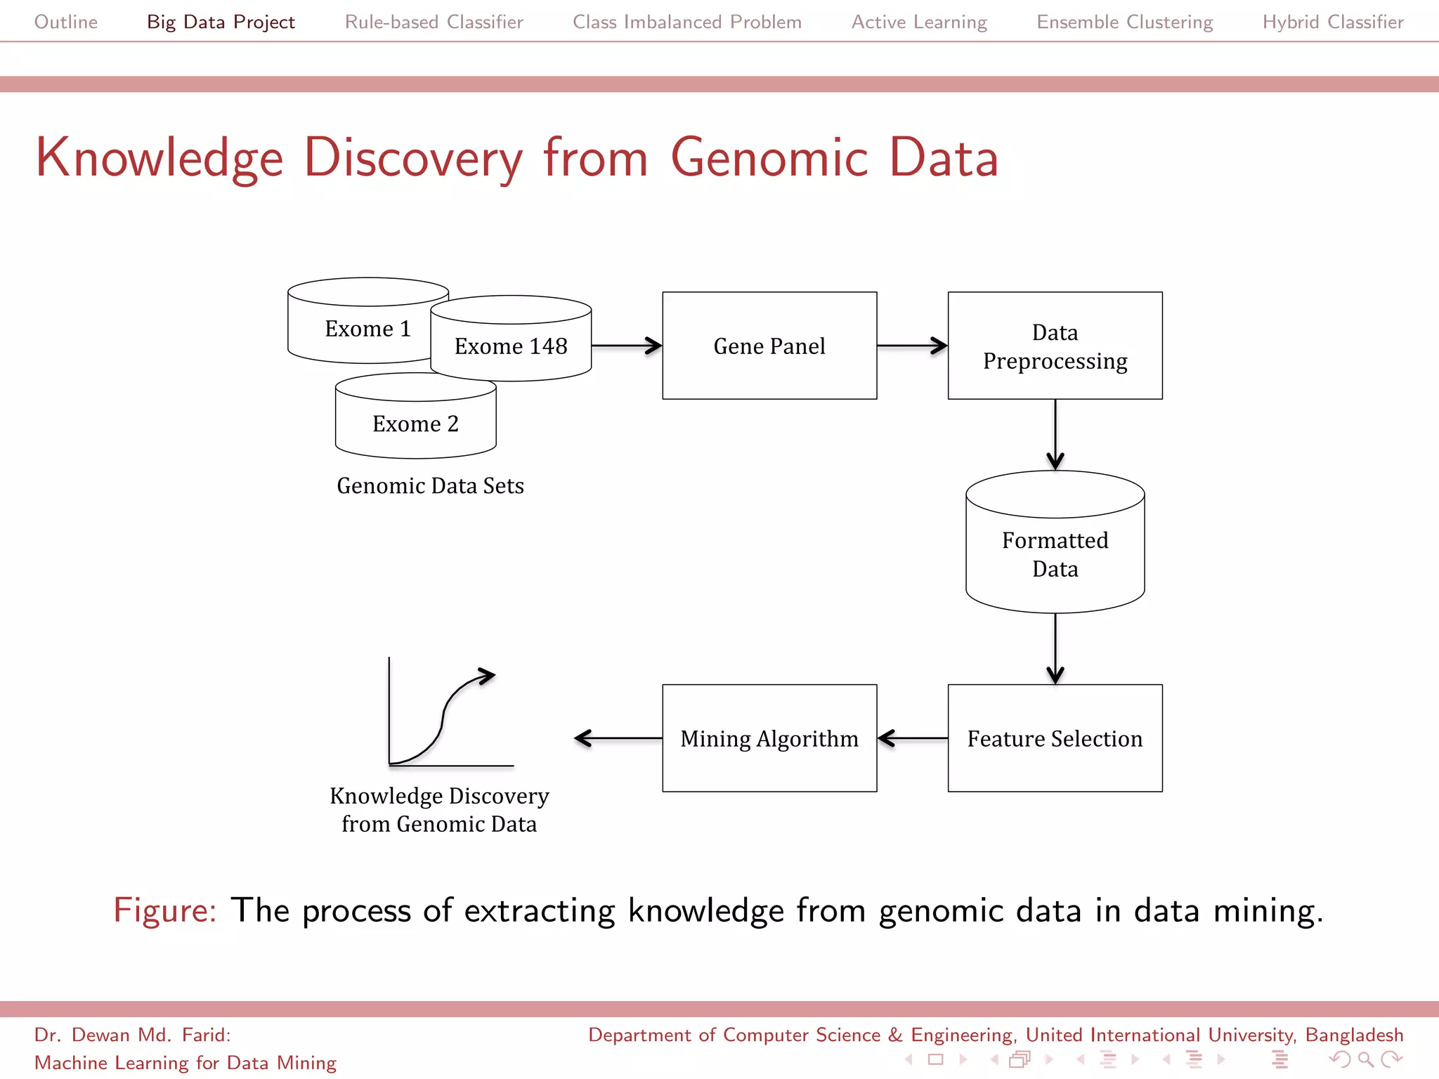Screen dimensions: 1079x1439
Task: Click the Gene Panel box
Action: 769,346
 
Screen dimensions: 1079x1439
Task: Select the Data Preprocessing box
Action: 1055,346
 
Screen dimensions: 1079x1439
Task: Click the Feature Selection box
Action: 1055,738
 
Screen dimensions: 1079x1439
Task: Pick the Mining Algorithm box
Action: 769,738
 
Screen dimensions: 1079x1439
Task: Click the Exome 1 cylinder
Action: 358,329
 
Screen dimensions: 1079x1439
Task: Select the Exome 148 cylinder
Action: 511,346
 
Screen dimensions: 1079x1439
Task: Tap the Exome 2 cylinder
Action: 415,424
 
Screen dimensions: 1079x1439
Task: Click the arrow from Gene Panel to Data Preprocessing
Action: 912,346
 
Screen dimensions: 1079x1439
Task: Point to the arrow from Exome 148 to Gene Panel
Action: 626,346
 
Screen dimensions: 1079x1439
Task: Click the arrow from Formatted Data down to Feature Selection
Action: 1055,648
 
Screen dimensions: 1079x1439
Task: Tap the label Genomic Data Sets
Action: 430,485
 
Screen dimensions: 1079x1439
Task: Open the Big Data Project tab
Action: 221,22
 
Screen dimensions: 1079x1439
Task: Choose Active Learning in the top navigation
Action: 919,22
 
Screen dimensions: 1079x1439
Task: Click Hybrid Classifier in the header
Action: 1333,22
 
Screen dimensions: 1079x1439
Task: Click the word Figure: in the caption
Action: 164,910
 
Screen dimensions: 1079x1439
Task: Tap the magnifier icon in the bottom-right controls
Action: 1365,1059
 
